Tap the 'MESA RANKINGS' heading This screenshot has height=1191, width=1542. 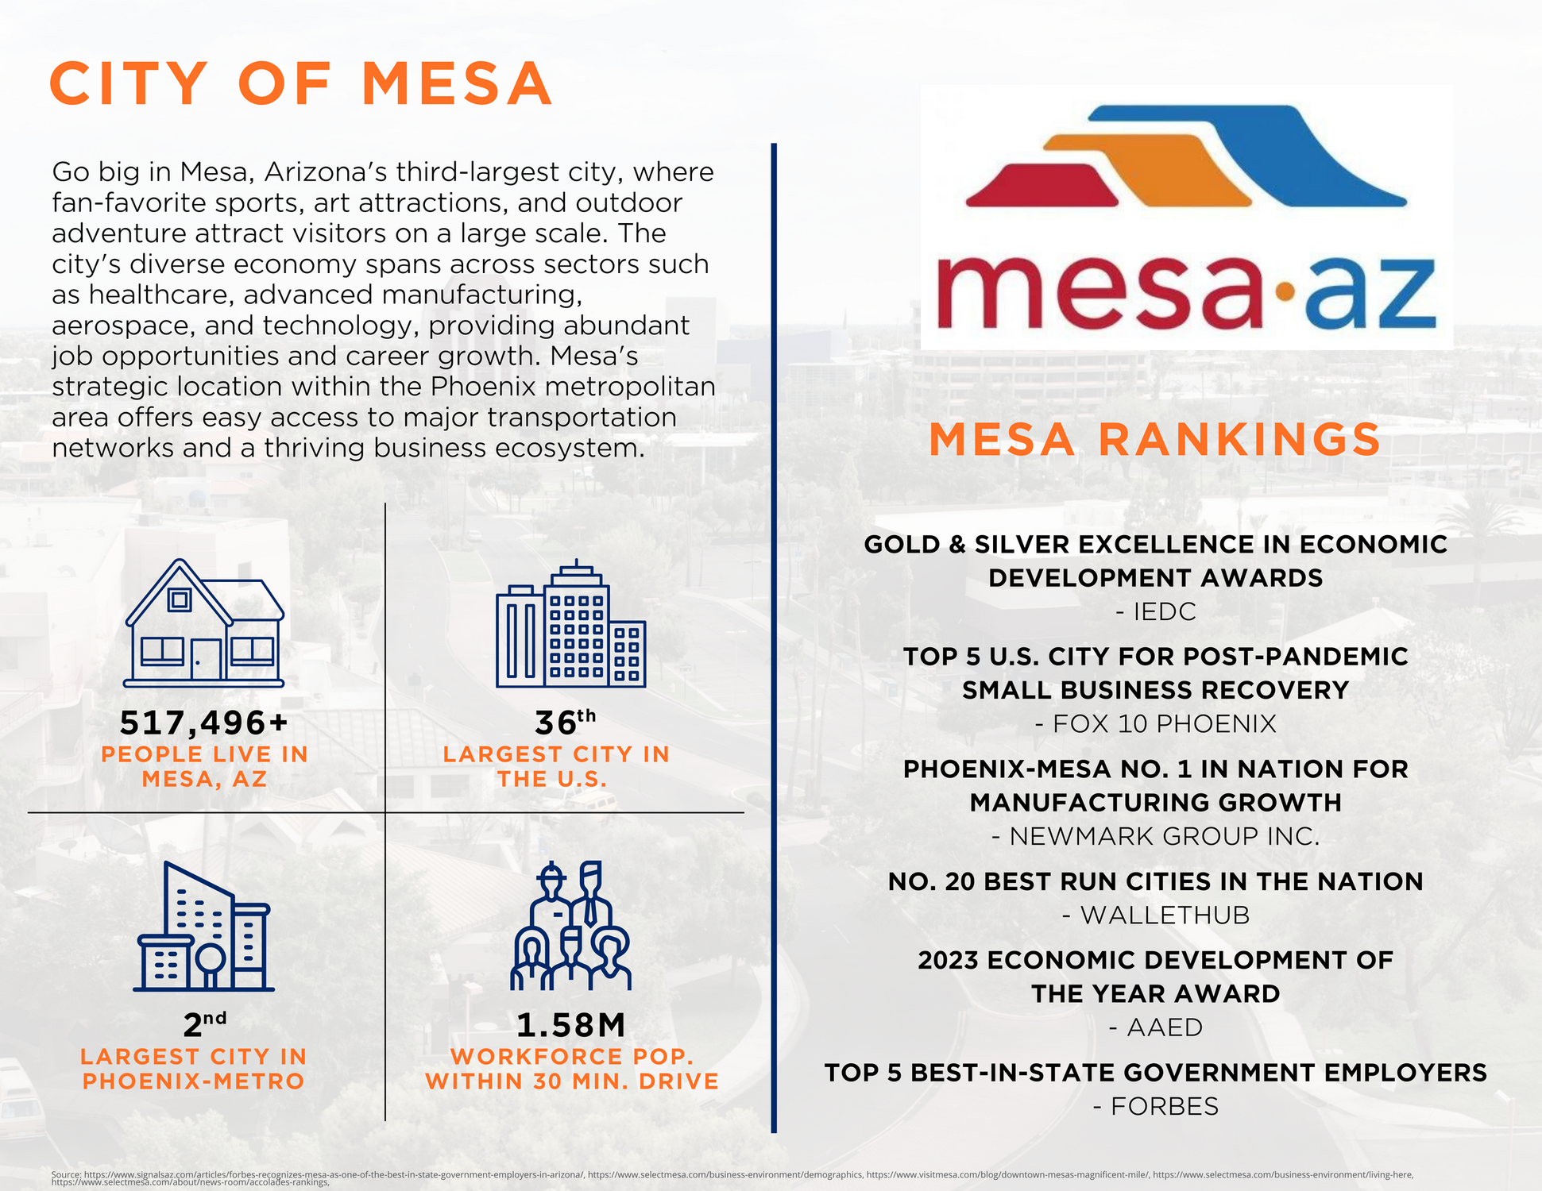pos(1154,440)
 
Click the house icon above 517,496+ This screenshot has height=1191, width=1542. pos(204,624)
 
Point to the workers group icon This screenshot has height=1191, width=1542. pos(570,926)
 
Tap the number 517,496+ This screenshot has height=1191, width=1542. pos(203,723)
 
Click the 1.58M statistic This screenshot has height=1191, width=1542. pos(570,1025)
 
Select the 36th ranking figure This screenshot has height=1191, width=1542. pos(564,723)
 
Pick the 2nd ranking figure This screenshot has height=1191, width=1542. pos(203,1024)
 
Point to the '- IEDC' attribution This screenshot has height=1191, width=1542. pos(1156,611)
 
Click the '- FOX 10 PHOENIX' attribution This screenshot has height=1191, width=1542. pos(1156,724)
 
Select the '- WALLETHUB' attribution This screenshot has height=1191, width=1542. pos(1156,915)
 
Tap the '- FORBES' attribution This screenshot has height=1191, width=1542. pos(1156,1106)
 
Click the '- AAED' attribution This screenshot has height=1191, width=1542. pos(1156,1027)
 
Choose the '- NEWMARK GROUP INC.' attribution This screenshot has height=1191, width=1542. pos(1156,836)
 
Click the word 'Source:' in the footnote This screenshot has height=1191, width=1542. pos(66,1174)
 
